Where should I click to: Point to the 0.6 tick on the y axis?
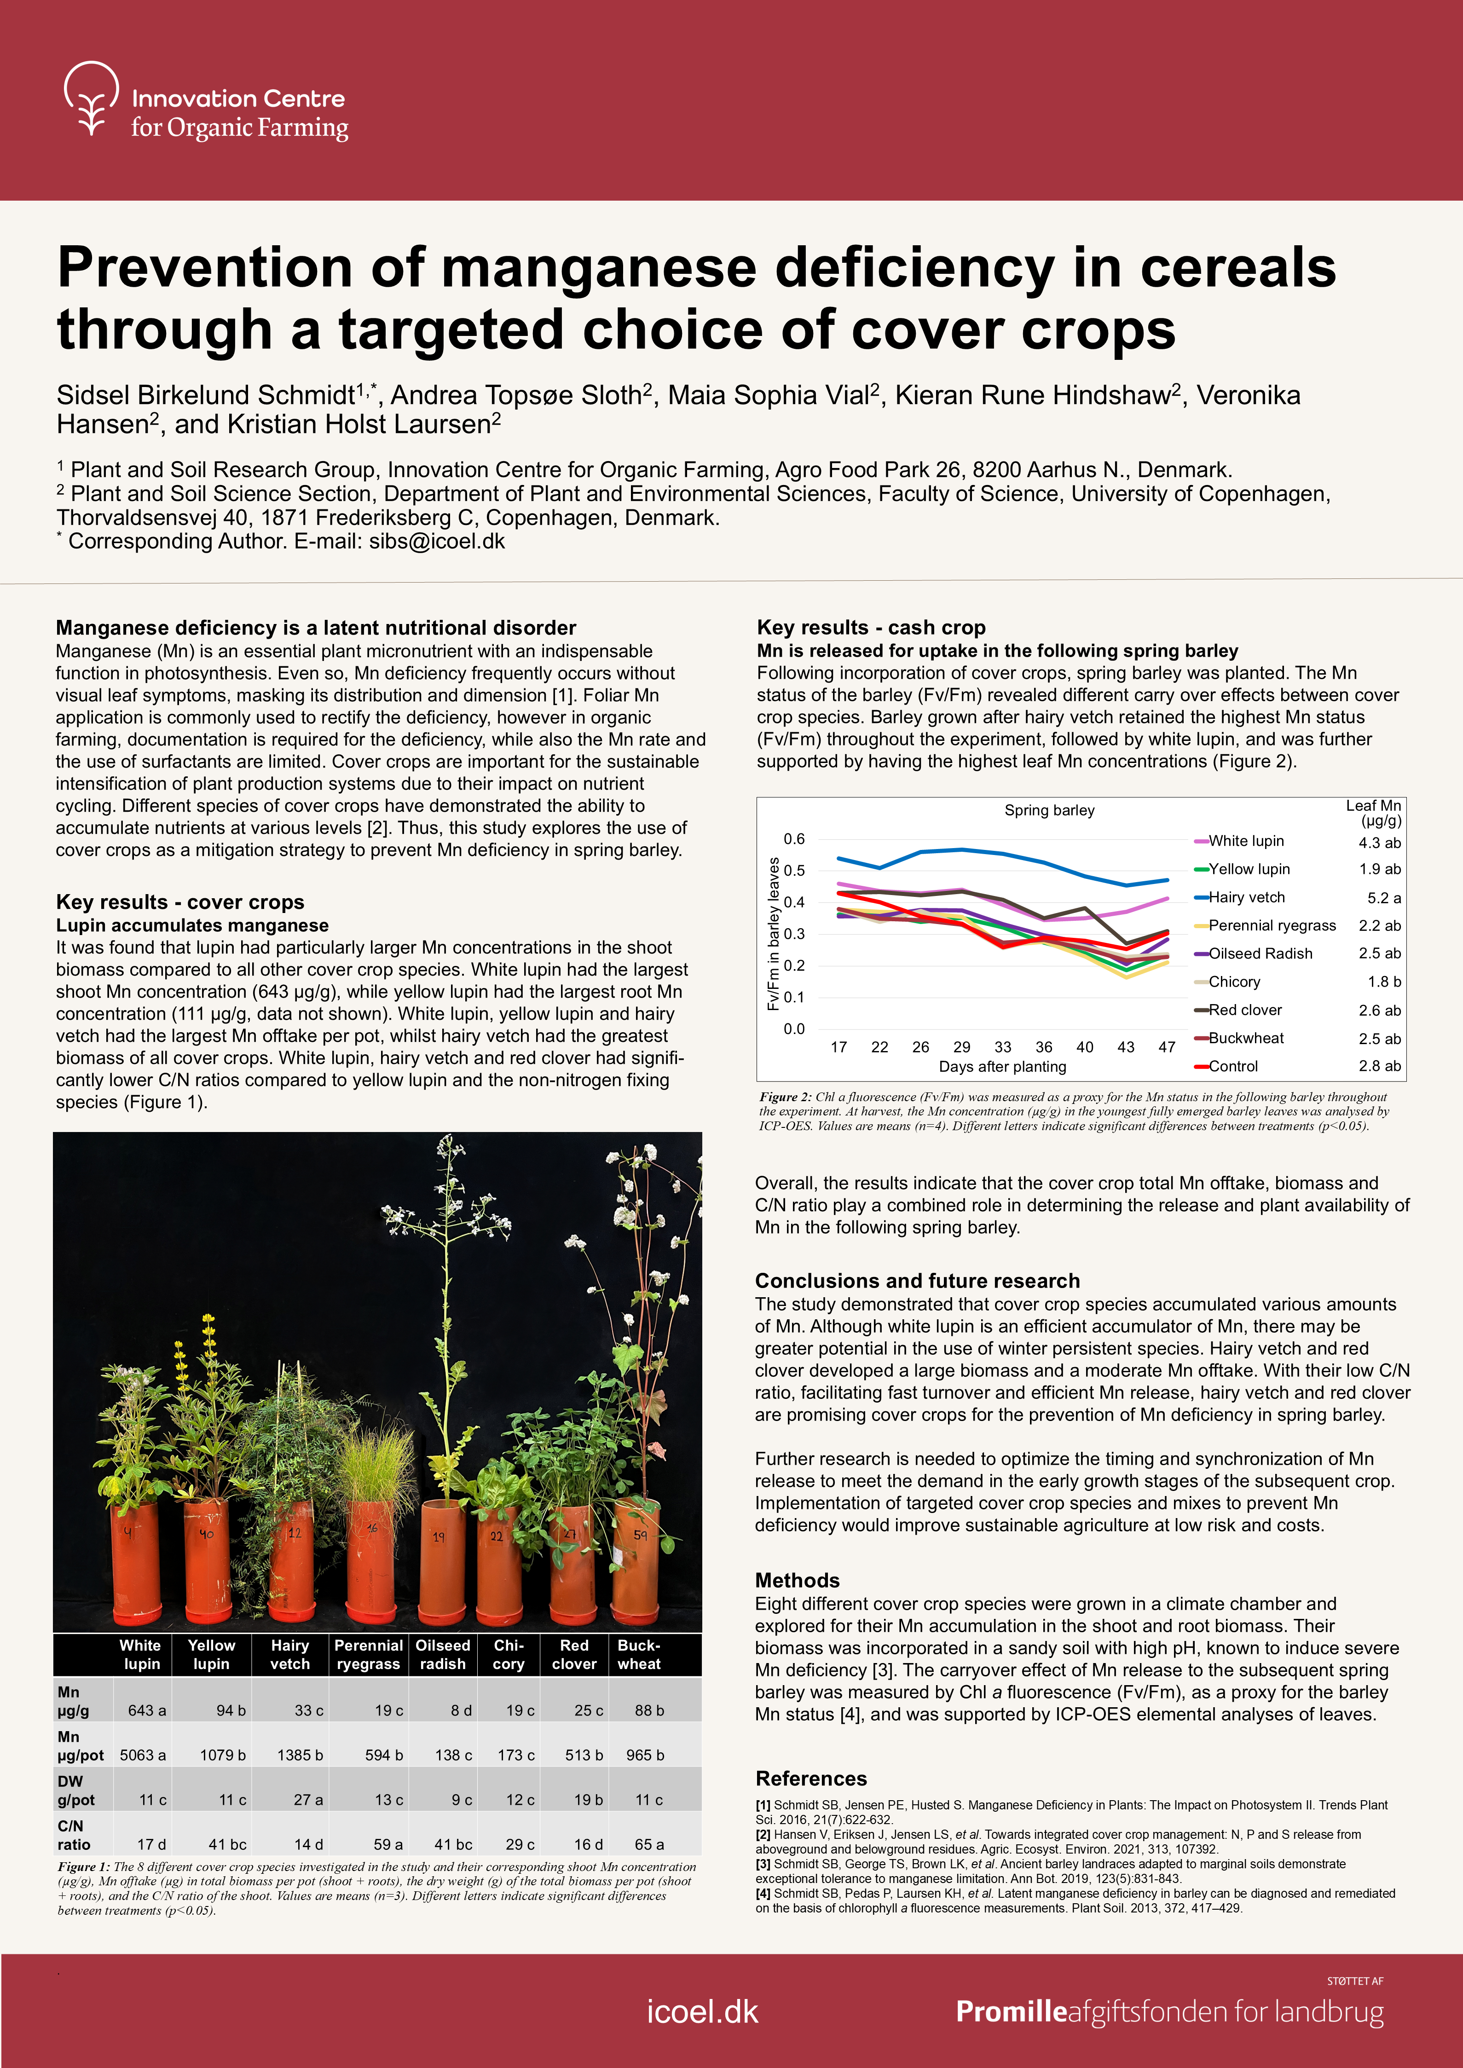(x=794, y=838)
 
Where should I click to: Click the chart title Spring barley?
(x=1050, y=811)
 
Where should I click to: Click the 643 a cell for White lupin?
(x=147, y=1710)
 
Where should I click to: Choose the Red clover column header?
(x=574, y=1655)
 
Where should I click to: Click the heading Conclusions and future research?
(x=917, y=1281)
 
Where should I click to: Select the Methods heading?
(x=797, y=1580)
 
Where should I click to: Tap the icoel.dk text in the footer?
(x=703, y=2011)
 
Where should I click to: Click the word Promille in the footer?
(x=1011, y=2011)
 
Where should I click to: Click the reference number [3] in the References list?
(x=763, y=1864)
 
